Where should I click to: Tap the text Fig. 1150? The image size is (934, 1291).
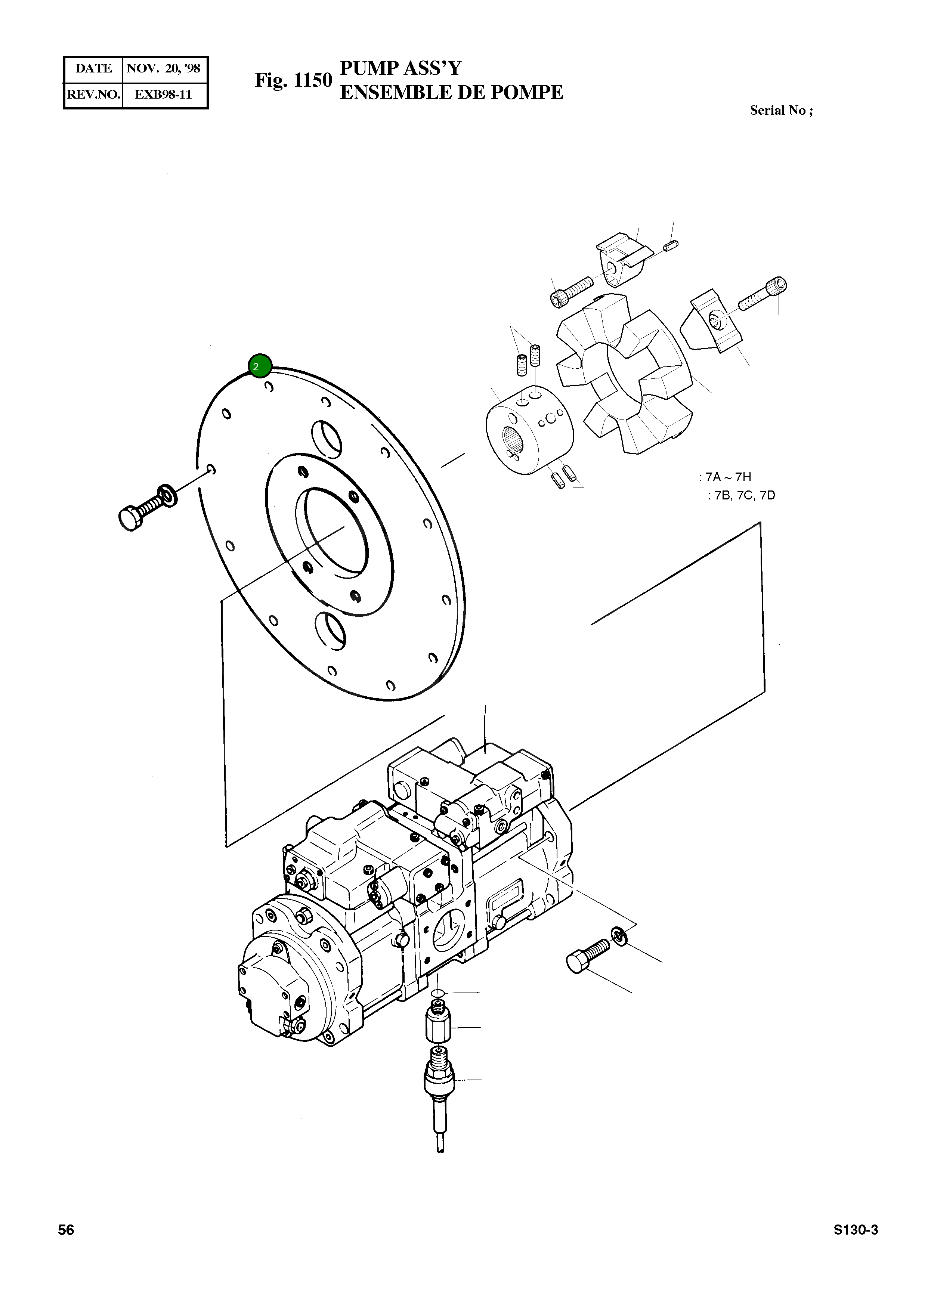click(293, 80)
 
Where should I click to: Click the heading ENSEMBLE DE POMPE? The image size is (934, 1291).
click(451, 92)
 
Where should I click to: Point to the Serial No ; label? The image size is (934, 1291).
click(781, 111)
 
